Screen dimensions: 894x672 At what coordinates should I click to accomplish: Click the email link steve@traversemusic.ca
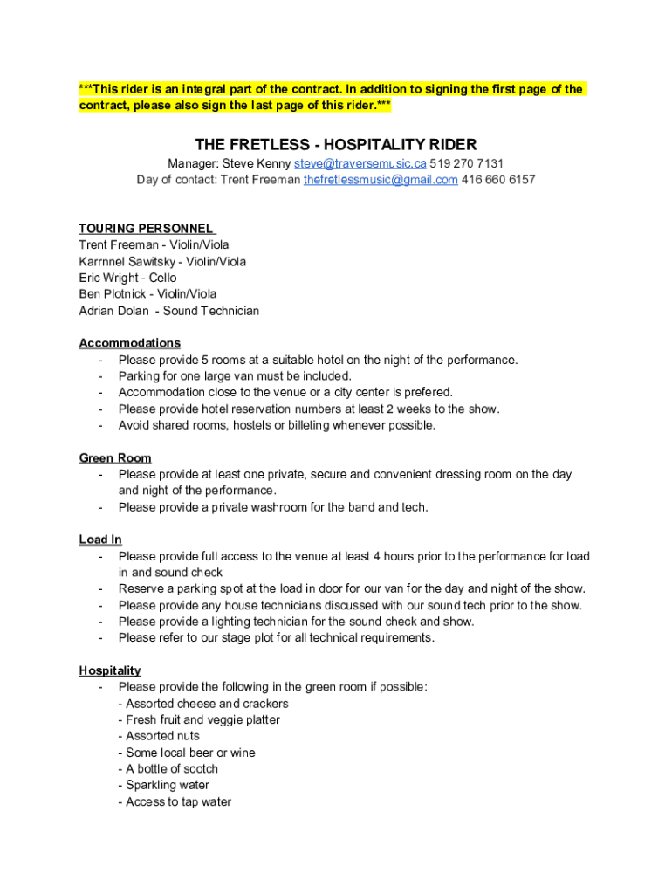(360, 163)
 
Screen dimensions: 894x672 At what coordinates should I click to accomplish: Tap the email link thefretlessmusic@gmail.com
(381, 180)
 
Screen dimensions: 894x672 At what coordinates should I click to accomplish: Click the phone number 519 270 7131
(467, 163)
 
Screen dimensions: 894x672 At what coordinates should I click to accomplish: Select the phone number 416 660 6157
(498, 180)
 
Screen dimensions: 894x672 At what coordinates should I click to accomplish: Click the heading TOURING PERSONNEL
(146, 229)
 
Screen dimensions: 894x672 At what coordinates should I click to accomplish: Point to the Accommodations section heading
(129, 343)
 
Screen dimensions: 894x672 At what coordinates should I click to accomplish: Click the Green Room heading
(115, 458)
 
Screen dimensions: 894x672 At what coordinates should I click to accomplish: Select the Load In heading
(100, 540)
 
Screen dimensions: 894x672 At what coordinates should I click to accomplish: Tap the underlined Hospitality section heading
(110, 670)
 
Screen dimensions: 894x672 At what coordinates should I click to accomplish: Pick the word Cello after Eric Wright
(162, 278)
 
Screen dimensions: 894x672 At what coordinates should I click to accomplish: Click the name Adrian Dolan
(111, 311)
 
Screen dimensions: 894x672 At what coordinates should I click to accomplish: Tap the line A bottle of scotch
(172, 769)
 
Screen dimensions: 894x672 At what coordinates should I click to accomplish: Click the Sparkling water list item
(168, 785)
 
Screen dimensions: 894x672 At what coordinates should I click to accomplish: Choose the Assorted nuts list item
(163, 736)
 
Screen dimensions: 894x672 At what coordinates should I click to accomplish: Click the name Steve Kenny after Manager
(256, 163)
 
